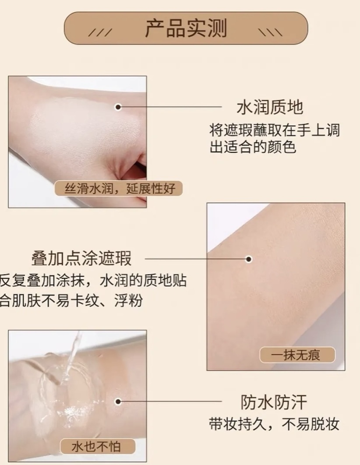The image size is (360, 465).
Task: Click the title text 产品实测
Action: point(186,28)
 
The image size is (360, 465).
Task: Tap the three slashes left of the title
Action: point(100,32)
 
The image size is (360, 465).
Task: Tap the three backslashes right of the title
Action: point(270,32)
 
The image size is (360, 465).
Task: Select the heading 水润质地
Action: point(269,107)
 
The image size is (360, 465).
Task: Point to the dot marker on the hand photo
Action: point(118,107)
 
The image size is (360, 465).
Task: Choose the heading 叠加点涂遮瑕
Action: point(81,258)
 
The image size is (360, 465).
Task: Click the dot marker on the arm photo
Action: point(249,259)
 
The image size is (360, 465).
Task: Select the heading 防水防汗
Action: point(273,402)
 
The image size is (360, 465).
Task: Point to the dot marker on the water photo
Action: point(118,402)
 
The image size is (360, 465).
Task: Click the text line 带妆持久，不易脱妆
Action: point(274,424)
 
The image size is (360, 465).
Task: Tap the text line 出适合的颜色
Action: point(253,147)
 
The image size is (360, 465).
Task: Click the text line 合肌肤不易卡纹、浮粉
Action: point(71,300)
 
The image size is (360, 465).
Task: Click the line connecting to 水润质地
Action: point(170,107)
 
